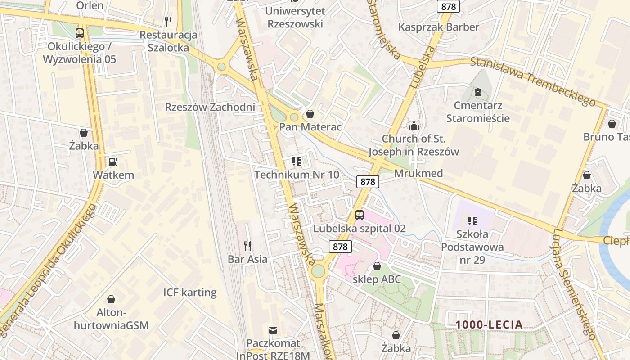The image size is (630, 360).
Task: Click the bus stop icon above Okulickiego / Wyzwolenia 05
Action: (80, 33)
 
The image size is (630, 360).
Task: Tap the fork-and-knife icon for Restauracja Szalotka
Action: (168, 21)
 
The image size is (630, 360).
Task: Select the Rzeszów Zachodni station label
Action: (210, 107)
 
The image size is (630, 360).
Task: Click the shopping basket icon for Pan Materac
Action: (310, 114)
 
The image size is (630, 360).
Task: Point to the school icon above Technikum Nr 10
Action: (296, 161)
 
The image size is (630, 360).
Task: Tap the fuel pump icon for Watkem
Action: (113, 162)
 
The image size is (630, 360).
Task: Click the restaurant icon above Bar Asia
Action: (247, 246)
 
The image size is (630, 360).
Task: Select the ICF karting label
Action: (190, 292)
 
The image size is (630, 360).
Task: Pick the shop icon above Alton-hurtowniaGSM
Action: (111, 299)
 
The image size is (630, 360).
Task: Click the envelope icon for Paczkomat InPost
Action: (273, 330)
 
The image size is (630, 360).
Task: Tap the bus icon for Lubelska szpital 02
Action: (359, 215)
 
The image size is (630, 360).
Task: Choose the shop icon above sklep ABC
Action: (377, 266)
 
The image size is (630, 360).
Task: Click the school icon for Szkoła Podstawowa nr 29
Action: (472, 220)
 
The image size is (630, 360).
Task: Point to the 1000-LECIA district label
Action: (489, 324)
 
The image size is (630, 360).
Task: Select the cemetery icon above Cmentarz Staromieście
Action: (477, 93)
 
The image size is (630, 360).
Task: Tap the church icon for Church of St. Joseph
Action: (414, 126)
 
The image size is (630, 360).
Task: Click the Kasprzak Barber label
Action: (438, 27)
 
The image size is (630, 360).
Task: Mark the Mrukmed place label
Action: (418, 173)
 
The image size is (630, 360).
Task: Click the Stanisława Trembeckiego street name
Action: (533, 82)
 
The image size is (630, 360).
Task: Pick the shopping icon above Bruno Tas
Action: (612, 124)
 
